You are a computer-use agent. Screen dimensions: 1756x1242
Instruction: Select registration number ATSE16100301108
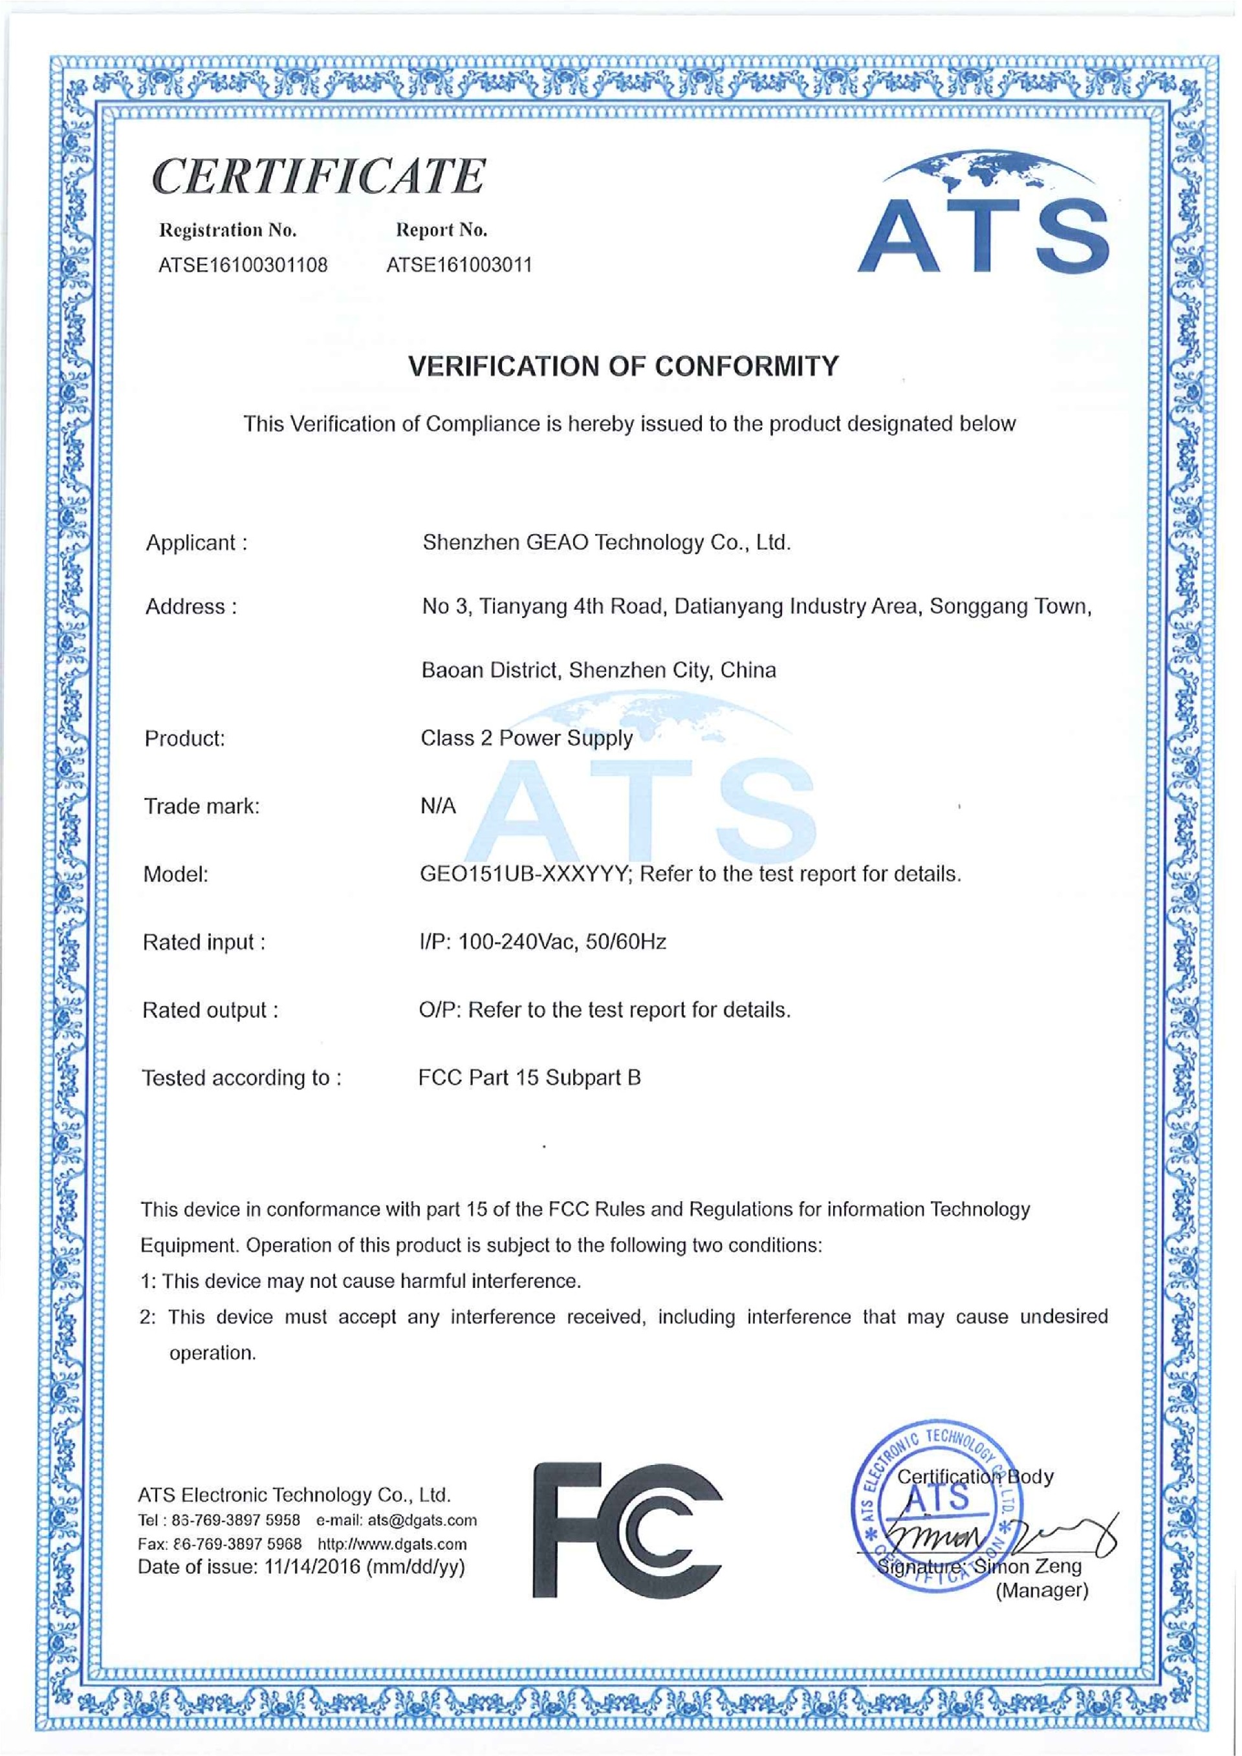[x=243, y=265]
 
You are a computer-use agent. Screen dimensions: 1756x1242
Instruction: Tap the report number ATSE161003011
[x=459, y=265]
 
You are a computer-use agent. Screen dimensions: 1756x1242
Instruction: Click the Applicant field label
[x=196, y=543]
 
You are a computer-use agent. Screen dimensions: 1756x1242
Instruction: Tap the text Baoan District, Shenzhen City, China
[x=598, y=670]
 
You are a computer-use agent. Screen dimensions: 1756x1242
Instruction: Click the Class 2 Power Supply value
[x=527, y=738]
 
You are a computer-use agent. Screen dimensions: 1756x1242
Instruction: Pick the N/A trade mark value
[x=438, y=806]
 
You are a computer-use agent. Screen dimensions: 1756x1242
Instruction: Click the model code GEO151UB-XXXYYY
[x=524, y=873]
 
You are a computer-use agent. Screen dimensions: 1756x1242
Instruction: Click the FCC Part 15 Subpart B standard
[x=530, y=1078]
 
